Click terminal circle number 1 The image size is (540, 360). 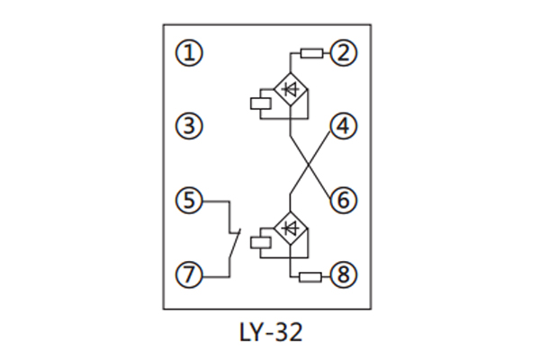[189, 53]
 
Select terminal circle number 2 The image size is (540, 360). [343, 53]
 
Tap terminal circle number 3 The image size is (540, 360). [189, 126]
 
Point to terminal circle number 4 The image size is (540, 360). [343, 127]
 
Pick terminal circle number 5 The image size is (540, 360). [189, 200]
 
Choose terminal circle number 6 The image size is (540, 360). [343, 200]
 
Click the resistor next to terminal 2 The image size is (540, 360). [310, 53]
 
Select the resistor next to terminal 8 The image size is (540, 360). [310, 275]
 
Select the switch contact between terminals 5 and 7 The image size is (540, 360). [234, 240]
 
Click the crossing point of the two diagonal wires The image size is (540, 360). [310, 165]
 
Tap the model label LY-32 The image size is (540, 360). [270, 332]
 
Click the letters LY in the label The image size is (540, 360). [250, 332]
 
